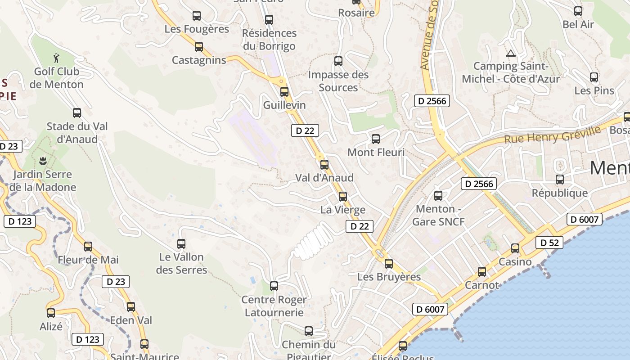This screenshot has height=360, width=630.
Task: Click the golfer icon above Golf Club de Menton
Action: point(56,58)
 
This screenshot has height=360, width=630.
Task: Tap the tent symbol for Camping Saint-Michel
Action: point(511,53)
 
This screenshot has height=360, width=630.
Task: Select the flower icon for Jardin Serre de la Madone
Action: point(43,161)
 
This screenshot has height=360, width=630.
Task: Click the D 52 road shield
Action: point(549,243)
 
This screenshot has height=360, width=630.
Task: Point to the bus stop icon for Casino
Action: point(515,248)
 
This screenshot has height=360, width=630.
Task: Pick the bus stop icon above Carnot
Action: point(482,272)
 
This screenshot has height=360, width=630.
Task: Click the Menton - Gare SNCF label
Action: point(438,215)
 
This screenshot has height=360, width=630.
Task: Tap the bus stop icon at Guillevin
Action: point(284,92)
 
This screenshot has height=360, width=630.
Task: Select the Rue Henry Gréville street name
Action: point(552,135)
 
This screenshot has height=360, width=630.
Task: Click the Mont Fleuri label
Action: point(376,153)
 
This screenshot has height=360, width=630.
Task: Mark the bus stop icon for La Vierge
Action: point(343,197)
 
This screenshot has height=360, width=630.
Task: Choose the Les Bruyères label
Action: point(389,277)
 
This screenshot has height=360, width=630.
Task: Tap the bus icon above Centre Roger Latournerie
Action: point(274,286)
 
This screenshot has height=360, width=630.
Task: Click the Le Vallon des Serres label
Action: point(181,263)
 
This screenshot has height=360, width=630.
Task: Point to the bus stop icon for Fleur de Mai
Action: point(88,247)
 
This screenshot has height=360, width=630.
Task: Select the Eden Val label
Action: point(131,320)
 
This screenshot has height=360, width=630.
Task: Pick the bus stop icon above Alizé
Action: point(51,313)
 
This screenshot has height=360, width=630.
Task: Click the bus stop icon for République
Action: point(560,180)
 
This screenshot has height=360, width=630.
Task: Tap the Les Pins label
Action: point(594,90)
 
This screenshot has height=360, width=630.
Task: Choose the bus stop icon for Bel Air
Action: point(578,11)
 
